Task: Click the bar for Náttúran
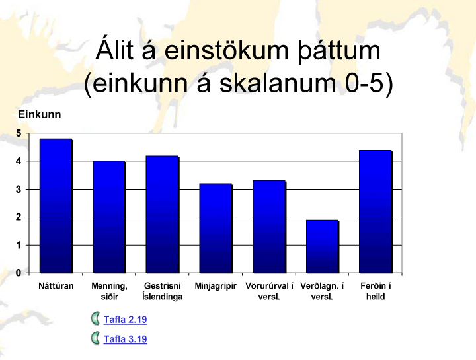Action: click(56, 206)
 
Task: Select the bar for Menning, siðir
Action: click(109, 217)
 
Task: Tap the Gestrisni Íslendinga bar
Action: click(163, 215)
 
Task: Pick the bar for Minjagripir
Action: click(216, 229)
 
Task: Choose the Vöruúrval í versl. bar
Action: click(269, 227)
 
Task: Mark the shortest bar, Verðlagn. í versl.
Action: click(323, 246)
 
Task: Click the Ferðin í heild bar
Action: click(376, 211)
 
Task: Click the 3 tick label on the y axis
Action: click(19, 190)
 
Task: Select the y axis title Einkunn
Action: click(40, 114)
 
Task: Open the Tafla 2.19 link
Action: click(125, 319)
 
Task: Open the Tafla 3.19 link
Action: click(125, 339)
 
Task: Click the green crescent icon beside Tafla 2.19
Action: click(96, 319)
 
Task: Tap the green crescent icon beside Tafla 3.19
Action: click(96, 338)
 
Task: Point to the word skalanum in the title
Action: click(278, 83)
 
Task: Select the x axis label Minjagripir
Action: click(216, 286)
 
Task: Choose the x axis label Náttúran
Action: click(56, 286)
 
